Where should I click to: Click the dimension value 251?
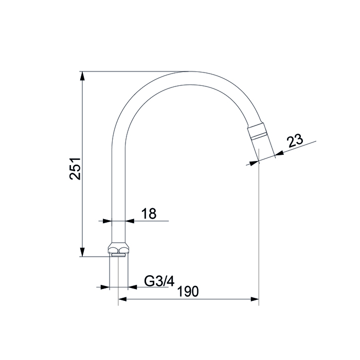(75, 169)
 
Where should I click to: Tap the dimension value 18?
(149, 213)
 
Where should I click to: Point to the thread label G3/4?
(159, 281)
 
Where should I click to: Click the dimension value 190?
(188, 292)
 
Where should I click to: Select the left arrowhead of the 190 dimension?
(122, 299)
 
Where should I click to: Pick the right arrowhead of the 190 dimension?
(255, 299)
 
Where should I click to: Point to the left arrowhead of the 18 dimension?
(107, 221)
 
